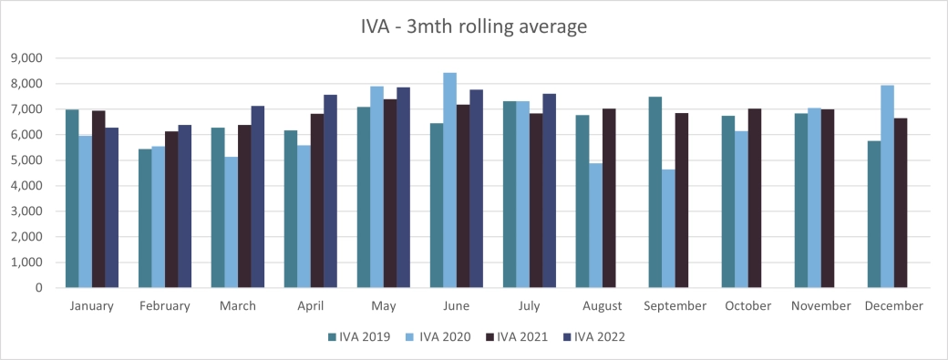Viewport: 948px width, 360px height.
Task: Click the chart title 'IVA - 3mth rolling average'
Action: [x=473, y=27]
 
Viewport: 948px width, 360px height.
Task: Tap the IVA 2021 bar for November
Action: [x=828, y=199]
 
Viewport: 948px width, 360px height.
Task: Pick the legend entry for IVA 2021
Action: [x=514, y=336]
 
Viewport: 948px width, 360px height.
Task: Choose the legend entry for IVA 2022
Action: [x=592, y=336]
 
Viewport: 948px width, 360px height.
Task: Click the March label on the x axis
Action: [x=237, y=306]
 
